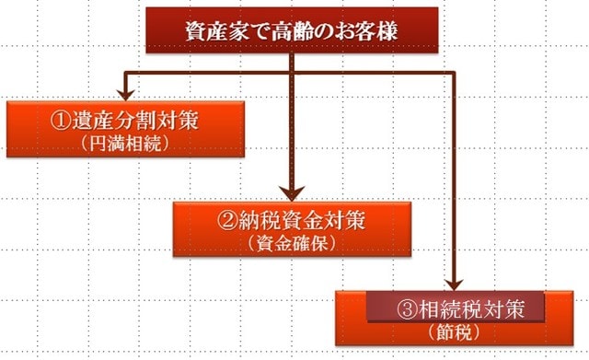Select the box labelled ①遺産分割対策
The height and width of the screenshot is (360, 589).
click(126, 128)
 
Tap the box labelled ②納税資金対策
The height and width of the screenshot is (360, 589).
click(290, 229)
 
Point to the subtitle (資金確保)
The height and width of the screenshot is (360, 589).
click(290, 244)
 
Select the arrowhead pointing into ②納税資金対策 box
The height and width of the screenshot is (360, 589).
click(291, 195)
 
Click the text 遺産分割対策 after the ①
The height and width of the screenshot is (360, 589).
click(135, 122)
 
